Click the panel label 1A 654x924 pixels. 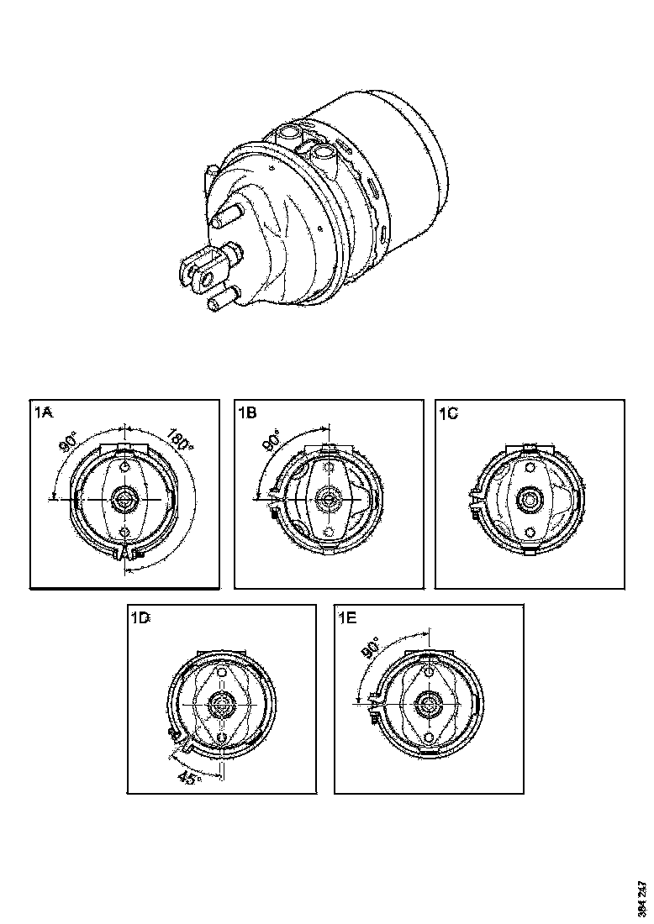click(45, 412)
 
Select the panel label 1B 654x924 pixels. click(248, 412)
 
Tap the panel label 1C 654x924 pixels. click(449, 412)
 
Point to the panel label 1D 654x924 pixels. click(140, 617)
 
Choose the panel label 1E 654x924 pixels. click(346, 617)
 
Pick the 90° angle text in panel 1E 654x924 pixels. click(372, 648)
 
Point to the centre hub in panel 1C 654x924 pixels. click(530, 498)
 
